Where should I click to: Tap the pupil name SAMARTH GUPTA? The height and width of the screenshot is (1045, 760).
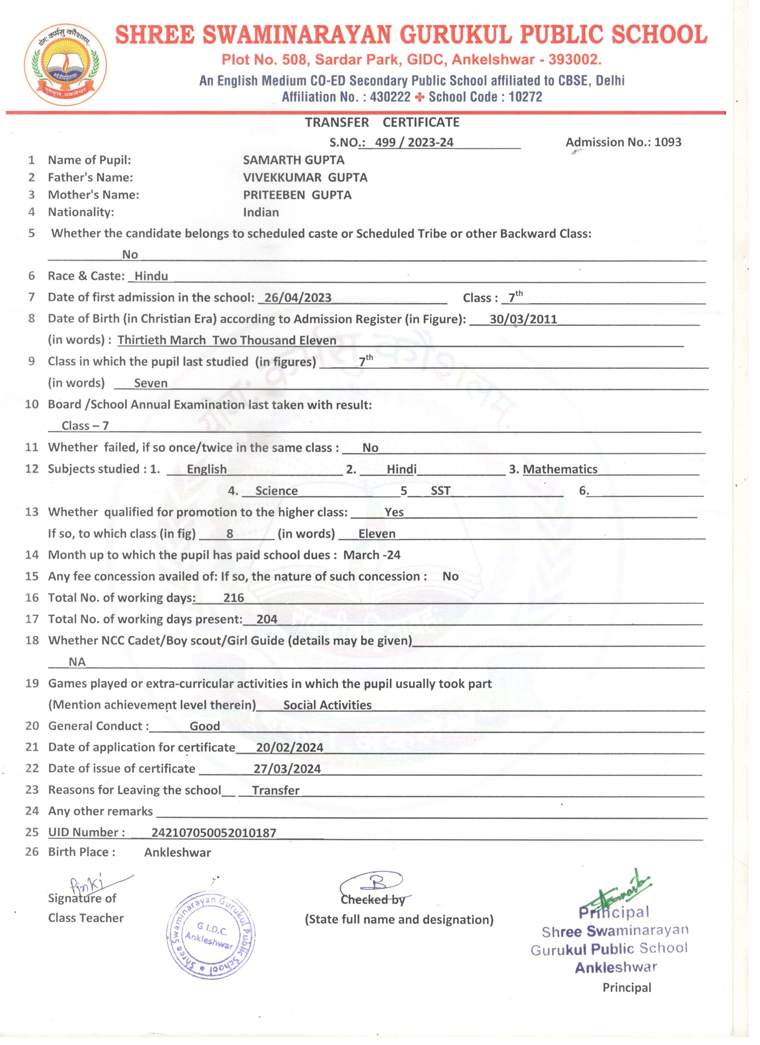pos(294,160)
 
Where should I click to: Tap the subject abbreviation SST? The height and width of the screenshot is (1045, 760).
pos(440,491)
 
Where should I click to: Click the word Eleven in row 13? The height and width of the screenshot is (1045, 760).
pos(377,534)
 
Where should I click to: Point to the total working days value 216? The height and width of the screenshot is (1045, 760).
pos(234,598)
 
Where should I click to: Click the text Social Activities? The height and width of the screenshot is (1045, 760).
pos(327,705)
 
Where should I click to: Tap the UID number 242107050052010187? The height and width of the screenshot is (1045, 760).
pos(214,833)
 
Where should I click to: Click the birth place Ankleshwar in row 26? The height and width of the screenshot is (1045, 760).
pos(177,853)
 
